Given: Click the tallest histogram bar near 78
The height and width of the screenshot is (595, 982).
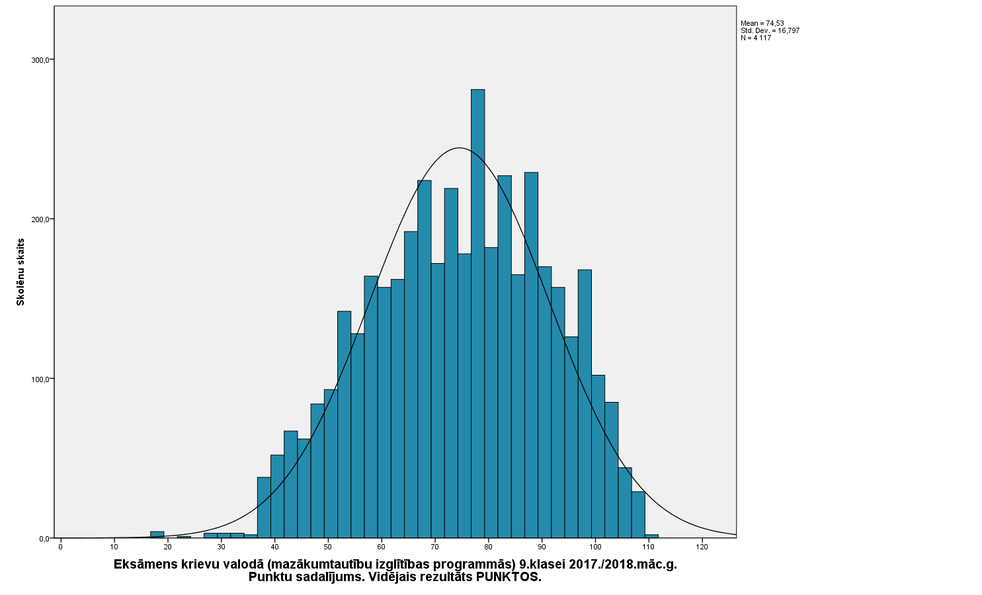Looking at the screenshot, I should coord(477,311).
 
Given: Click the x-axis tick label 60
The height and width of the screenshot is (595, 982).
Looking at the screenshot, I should coord(382,547).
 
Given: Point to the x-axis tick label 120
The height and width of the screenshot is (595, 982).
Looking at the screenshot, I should coord(702,547).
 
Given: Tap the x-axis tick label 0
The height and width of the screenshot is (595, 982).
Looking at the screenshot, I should coord(61,547).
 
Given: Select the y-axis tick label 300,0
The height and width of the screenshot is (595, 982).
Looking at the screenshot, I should coord(41,60).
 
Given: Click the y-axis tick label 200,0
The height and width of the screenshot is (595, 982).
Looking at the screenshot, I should coord(41,219).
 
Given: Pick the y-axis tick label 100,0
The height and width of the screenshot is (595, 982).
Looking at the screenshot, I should coord(41,379).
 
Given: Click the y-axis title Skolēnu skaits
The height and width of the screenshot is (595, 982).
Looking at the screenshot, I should coord(20,272).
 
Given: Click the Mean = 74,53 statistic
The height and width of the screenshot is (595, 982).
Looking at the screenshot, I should coord(762,23).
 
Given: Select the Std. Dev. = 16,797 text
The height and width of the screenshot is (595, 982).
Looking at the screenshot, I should coord(770,30).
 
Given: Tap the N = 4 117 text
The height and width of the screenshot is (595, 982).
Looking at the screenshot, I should coord(756,38).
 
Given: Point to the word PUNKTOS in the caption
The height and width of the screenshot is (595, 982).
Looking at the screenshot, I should coord(509,577).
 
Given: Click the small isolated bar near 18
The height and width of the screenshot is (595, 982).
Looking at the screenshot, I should coord(157,535).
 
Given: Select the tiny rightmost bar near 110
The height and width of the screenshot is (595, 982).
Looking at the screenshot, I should coord(651,536).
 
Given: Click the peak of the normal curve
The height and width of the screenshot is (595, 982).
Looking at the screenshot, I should coord(460,148).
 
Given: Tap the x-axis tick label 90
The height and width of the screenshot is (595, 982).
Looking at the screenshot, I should coord(542,547).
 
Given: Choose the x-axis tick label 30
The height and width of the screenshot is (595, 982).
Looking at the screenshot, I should coord(221,547).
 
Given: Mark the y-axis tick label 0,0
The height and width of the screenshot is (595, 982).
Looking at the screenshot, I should coord(44,539).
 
